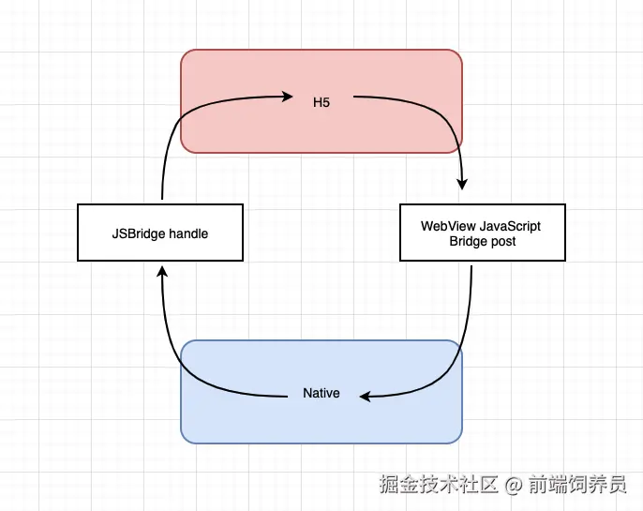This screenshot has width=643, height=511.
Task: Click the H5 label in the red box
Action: pyautogui.click(x=321, y=101)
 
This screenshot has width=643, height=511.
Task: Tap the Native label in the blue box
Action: pyautogui.click(x=321, y=393)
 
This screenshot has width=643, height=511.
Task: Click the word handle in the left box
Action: pyautogui.click(x=187, y=233)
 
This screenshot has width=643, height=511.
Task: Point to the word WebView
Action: pyautogui.click(x=449, y=226)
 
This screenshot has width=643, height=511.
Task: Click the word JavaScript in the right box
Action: pyautogui.click(x=511, y=226)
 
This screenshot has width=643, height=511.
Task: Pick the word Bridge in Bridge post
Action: pyautogui.click(x=468, y=241)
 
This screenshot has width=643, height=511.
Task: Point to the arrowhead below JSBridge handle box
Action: pyautogui.click(x=162, y=272)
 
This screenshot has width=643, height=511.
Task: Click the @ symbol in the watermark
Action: pyautogui.click(x=513, y=485)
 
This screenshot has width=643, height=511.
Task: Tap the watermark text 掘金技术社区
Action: pyautogui.click(x=440, y=485)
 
